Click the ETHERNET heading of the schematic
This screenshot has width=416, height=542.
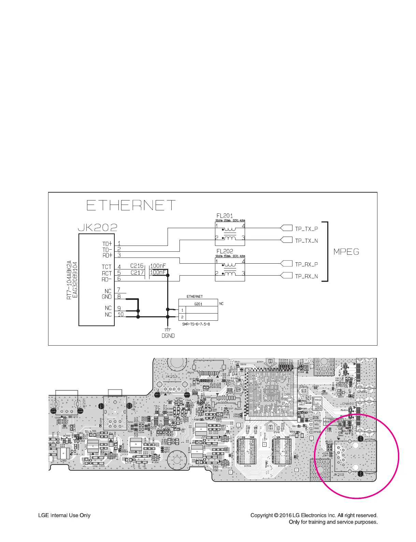coord(131,206)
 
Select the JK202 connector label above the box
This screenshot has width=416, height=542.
coord(98,227)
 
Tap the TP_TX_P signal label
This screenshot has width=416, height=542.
coord(306,228)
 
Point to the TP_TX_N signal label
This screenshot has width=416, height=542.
coord(306,240)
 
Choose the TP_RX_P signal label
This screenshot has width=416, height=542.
coord(306,264)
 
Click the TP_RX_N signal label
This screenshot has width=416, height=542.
coord(306,276)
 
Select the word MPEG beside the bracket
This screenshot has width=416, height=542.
coord(346,252)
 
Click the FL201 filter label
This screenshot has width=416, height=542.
coord(225,216)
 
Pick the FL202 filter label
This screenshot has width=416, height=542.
coord(225,251)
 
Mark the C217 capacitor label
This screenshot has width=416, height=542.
coord(137,273)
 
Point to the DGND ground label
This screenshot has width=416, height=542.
coord(168,336)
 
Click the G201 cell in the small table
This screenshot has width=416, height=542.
coord(198,304)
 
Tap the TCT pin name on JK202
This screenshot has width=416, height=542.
coord(106,267)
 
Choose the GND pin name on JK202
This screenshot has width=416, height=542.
coord(106,297)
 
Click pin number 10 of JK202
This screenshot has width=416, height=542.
coord(120,315)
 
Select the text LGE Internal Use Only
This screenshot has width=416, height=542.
coord(64,515)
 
